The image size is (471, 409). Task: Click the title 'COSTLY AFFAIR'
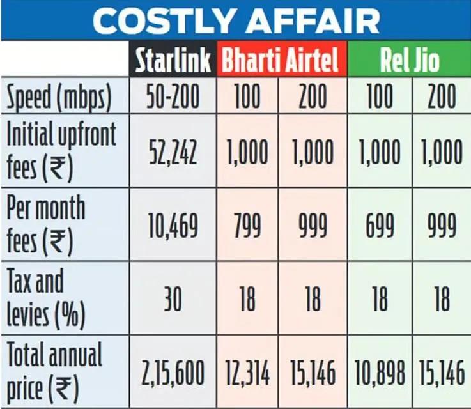pos(236,20)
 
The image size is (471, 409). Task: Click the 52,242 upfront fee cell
pos(173,153)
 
